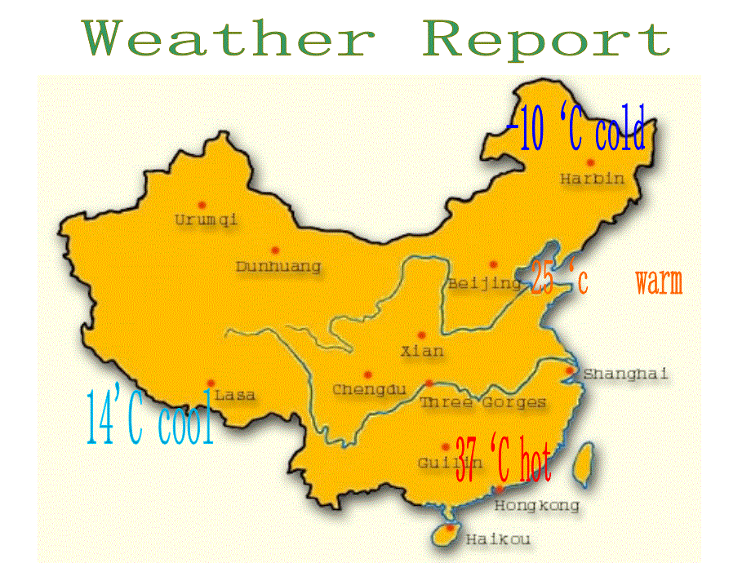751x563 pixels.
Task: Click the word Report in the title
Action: point(547,39)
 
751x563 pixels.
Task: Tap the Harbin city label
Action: point(592,179)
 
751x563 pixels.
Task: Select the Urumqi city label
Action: point(206,219)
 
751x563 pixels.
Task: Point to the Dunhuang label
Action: point(278,267)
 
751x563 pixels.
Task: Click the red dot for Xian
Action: point(422,335)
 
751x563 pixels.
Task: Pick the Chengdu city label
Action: point(369,390)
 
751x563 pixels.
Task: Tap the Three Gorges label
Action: point(482,402)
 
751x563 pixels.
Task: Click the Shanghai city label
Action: point(624,374)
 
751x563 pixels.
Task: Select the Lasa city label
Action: point(234,396)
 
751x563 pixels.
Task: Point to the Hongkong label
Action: point(537,506)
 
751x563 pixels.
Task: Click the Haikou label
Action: point(497,539)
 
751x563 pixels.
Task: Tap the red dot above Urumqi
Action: point(202,204)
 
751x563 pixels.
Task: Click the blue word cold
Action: point(620,133)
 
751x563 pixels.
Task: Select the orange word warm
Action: point(658,283)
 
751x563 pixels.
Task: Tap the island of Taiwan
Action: point(584,464)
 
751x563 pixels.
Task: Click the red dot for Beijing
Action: point(493,264)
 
